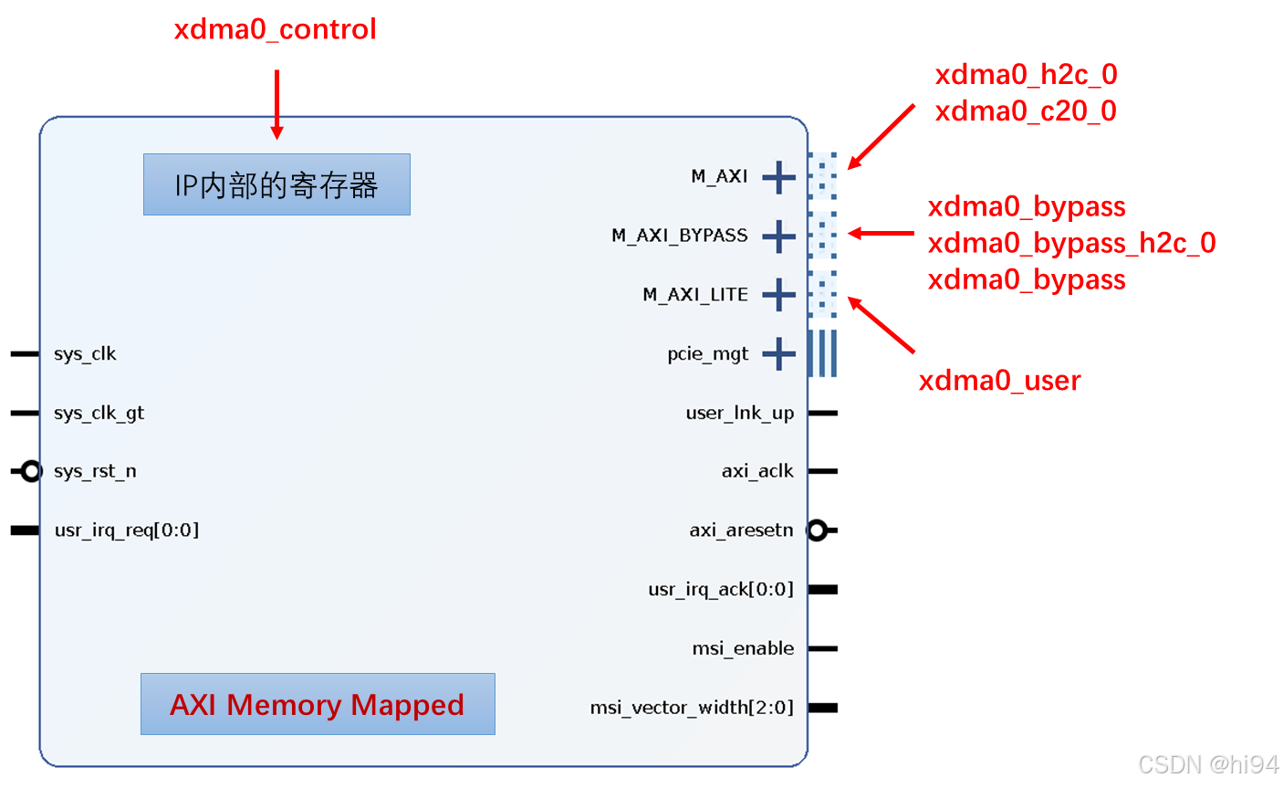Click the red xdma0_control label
pos(275,30)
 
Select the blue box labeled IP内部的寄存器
pos(276,184)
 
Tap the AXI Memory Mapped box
pos(318,704)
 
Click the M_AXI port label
pos(719,176)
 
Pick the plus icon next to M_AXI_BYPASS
pos(778,236)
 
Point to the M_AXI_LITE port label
pos(695,295)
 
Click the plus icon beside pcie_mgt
pos(778,354)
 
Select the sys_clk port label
pos(85,354)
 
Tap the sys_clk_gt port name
pos(99,414)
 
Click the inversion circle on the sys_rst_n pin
pos(31,471)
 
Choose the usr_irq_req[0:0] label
pos(127,531)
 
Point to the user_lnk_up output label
pos(739,414)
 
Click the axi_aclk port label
pos(757,471)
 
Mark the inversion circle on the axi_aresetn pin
pos(817,531)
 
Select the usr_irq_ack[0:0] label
pos(721,590)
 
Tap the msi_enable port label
pos(743,649)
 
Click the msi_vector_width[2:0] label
pos(692,708)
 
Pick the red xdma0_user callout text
pos(999,381)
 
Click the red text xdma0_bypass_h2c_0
pos(1071,243)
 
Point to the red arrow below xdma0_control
pos(276,105)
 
